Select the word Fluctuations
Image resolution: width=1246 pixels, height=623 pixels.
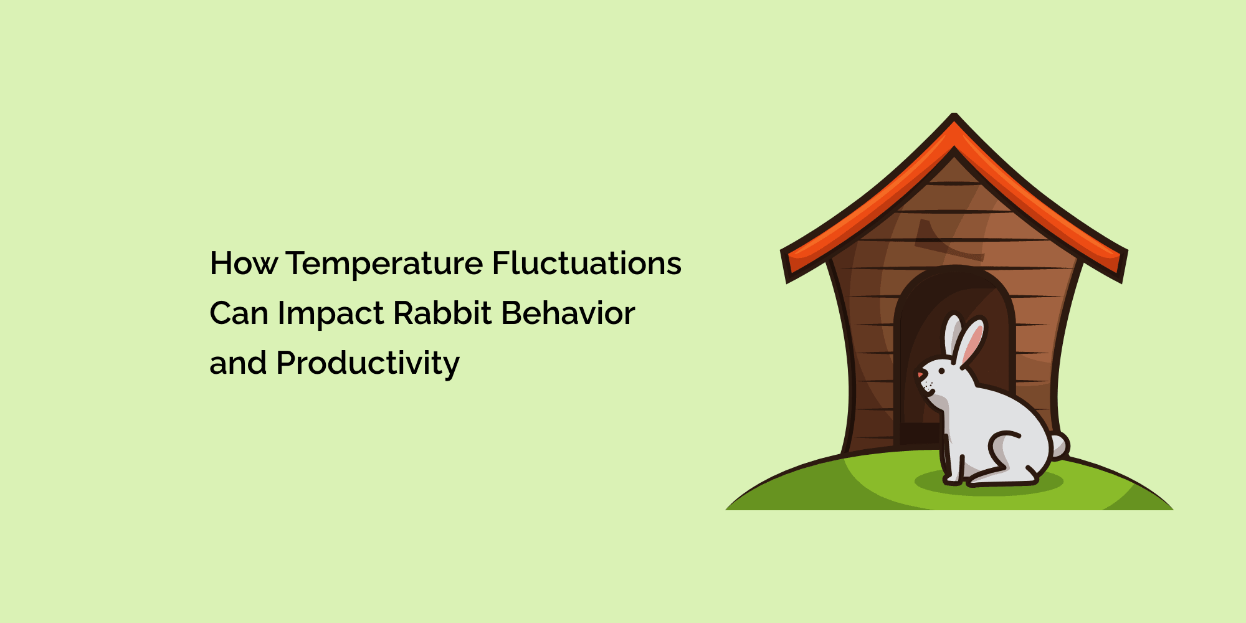(587, 262)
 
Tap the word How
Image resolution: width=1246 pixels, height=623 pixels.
(244, 263)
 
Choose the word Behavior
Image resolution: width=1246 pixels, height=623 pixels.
(568, 313)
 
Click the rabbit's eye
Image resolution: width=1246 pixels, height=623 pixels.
(941, 371)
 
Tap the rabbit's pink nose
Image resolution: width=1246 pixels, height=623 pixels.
(920, 375)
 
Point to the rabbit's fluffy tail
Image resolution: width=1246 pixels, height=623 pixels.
(1058, 446)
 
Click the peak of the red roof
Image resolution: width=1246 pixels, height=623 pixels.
(954, 115)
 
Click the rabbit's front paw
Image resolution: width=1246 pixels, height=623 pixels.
(951, 480)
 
